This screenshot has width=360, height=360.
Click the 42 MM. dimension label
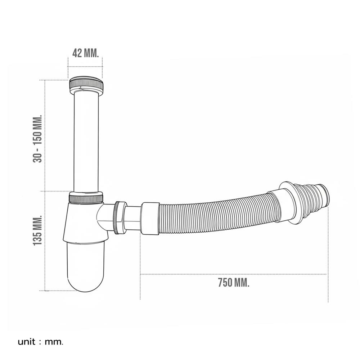[85, 53]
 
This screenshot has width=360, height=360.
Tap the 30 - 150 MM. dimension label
[37, 139]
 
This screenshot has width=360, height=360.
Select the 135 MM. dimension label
[37, 231]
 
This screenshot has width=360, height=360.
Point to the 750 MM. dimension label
[233, 283]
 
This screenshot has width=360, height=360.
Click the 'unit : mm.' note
[40, 341]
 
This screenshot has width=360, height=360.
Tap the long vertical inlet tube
[86, 140]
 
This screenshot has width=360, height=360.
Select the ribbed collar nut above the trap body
[86, 198]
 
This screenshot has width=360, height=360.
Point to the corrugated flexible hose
[212, 214]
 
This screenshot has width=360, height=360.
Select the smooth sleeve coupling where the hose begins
[150, 219]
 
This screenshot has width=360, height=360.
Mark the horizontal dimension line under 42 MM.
[85, 67]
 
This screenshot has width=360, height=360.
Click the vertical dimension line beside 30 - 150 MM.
[45, 135]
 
